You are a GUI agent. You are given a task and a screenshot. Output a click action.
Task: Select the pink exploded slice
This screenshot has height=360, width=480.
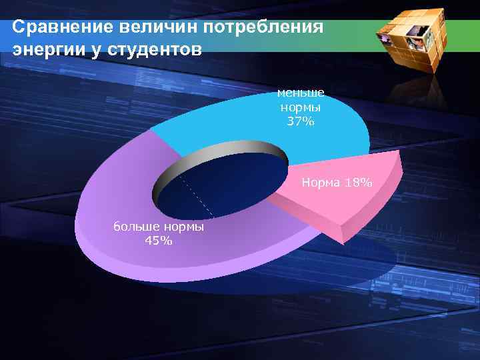pyautogui.click(x=347, y=193)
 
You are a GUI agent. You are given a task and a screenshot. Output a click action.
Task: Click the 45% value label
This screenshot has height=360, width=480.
pyautogui.click(x=159, y=241)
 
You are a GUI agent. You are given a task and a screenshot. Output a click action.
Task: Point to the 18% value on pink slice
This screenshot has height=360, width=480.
pyautogui.click(x=359, y=182)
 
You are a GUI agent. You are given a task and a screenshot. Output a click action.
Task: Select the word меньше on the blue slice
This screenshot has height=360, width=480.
pyautogui.click(x=301, y=94)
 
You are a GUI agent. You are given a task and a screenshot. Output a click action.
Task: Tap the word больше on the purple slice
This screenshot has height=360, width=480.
pyautogui.click(x=135, y=228)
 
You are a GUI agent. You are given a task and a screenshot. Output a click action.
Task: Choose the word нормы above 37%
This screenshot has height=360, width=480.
pyautogui.click(x=301, y=107)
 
